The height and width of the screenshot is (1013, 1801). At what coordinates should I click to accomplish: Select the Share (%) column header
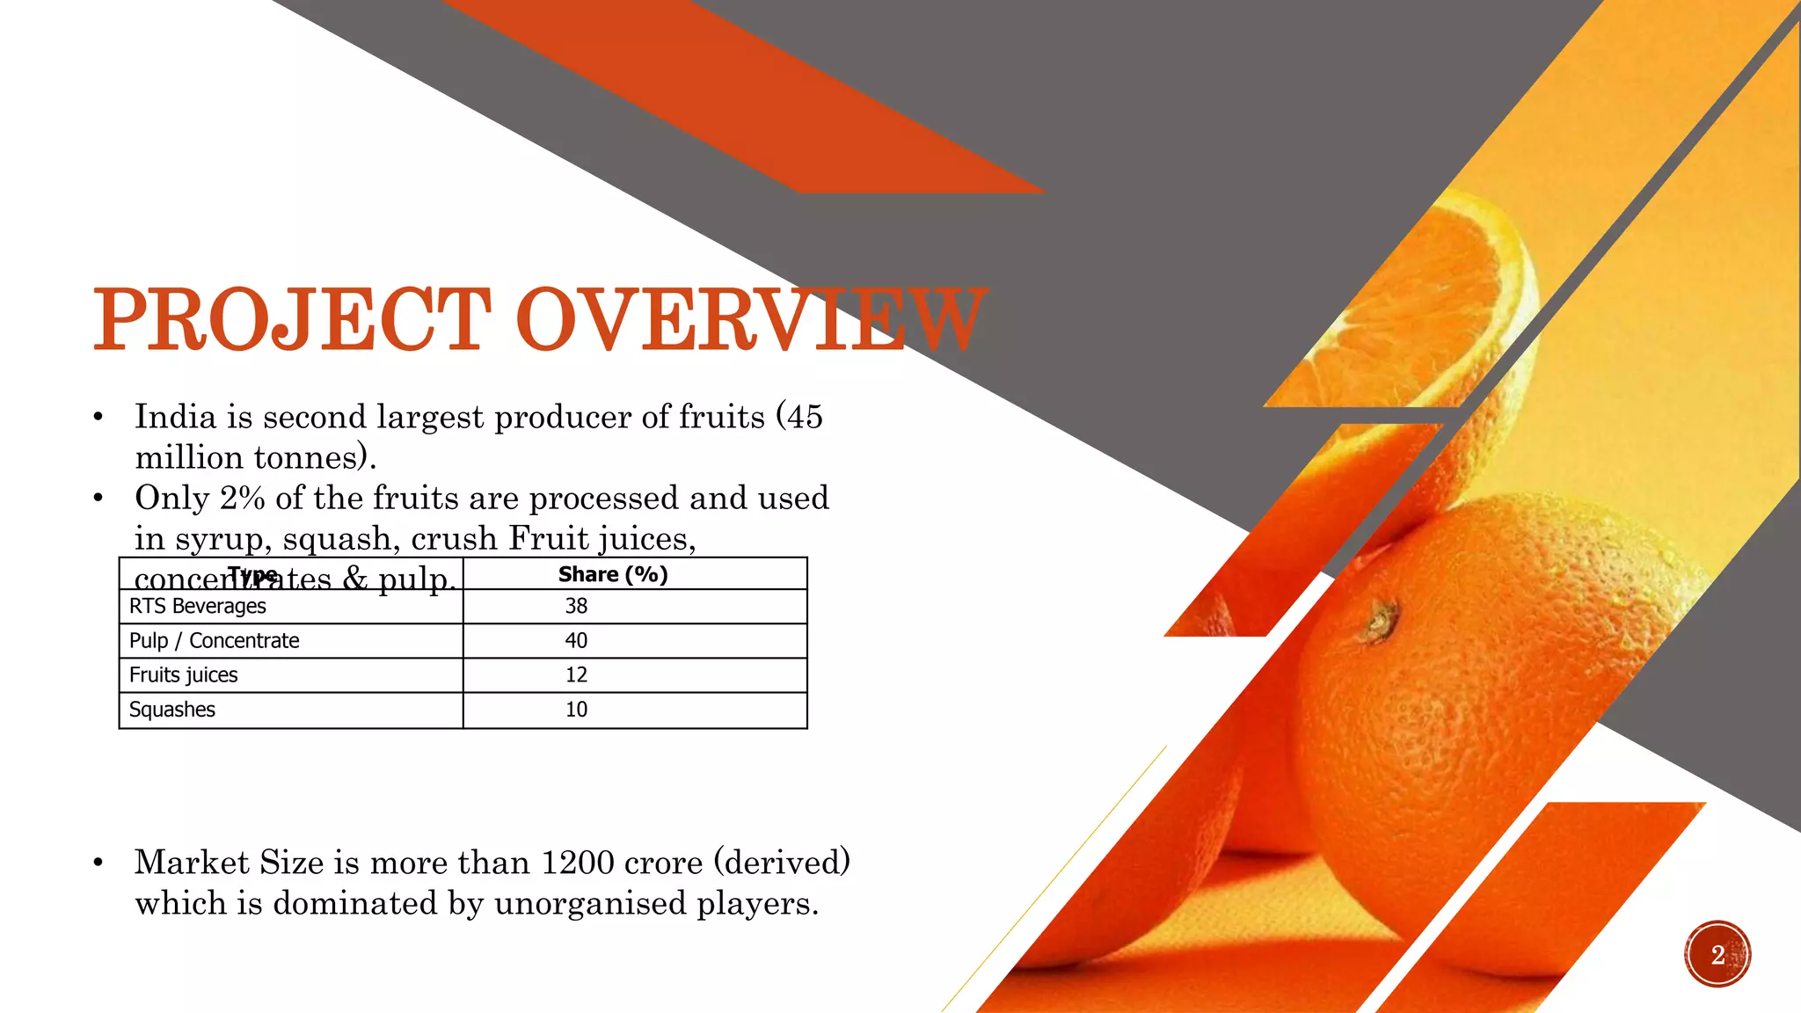tap(613, 574)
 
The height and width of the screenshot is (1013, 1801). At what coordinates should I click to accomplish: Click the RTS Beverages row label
tap(198, 607)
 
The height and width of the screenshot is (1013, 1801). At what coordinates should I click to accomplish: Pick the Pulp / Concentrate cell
tap(215, 641)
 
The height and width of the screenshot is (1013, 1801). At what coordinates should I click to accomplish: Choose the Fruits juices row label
tap(184, 675)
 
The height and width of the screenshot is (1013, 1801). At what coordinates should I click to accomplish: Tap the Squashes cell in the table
tap(172, 710)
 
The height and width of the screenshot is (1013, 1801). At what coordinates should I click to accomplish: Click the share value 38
tap(576, 607)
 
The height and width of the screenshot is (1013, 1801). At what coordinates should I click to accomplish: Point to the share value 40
tap(576, 641)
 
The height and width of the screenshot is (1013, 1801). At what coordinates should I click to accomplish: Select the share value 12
tap(576, 675)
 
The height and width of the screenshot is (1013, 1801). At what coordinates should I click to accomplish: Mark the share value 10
tap(576, 710)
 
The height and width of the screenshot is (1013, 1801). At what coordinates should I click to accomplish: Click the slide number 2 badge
tap(1717, 955)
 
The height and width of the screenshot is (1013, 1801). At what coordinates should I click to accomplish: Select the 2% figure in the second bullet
tap(243, 499)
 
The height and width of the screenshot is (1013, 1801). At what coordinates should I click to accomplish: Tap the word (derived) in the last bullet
tap(782, 864)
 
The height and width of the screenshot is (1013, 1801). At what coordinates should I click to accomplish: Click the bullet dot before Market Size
tap(98, 864)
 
